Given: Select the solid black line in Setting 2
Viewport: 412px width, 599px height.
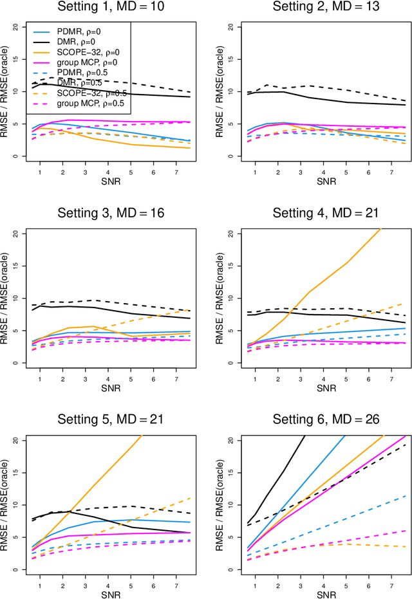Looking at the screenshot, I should (x=322, y=101).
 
